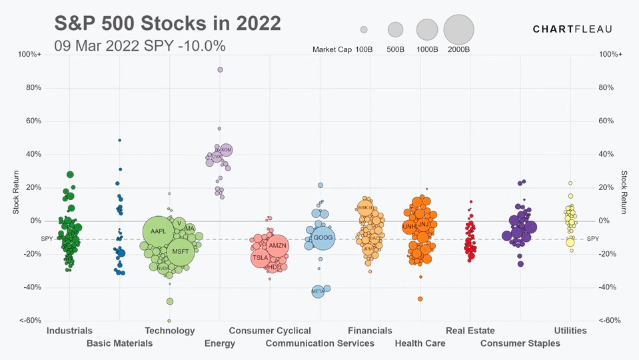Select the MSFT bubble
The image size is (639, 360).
[x=180, y=251]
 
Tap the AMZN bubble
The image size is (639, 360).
[x=277, y=246]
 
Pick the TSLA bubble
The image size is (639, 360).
[x=261, y=257]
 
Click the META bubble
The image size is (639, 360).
[x=318, y=291]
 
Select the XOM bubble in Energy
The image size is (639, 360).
[x=226, y=151]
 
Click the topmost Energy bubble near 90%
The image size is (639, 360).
[x=220, y=69]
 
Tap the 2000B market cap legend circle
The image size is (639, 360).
[x=458, y=29]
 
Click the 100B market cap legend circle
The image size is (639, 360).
[x=364, y=29]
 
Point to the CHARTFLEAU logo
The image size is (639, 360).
[x=572, y=29]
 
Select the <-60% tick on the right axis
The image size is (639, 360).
[x=610, y=321]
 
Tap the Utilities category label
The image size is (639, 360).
[x=570, y=331]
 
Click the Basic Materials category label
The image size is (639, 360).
[x=119, y=343]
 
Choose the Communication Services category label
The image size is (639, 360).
[x=320, y=343]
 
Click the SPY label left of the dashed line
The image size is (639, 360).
[x=47, y=239]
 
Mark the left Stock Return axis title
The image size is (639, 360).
[x=17, y=193]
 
